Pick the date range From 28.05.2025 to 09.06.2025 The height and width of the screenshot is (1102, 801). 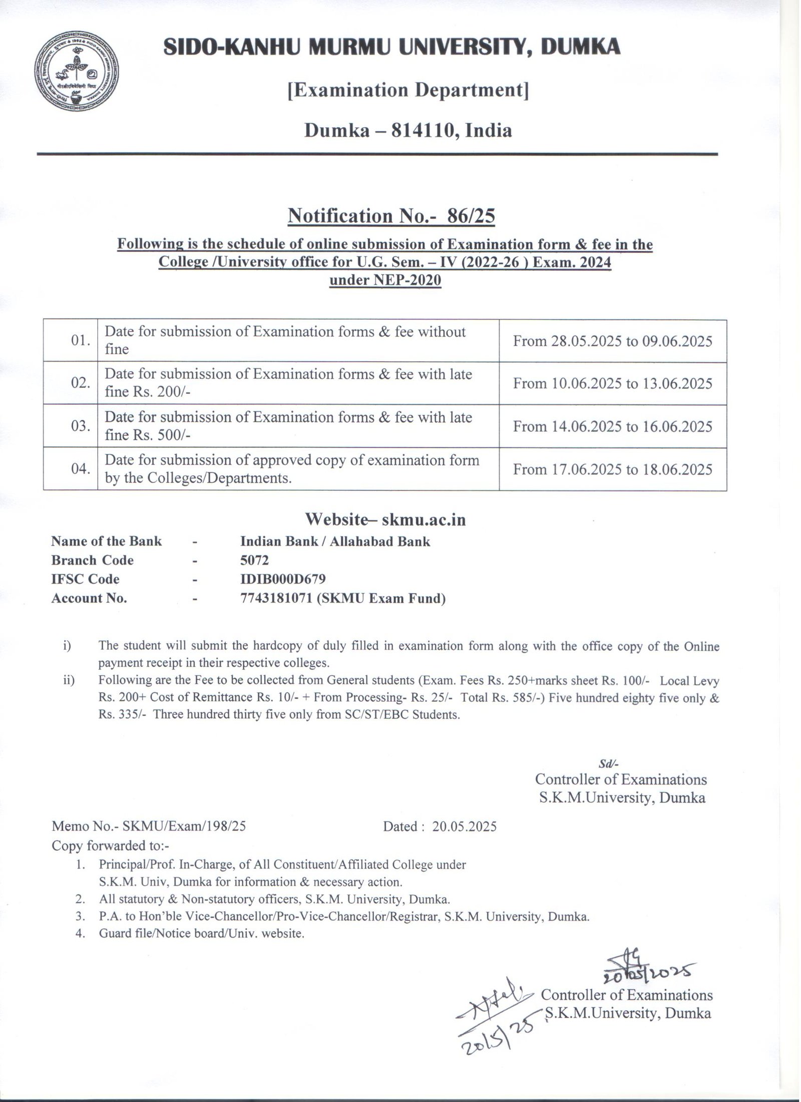(612, 341)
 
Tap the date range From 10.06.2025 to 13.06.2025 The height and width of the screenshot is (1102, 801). (612, 384)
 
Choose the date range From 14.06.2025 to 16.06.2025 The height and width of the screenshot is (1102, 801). (612, 426)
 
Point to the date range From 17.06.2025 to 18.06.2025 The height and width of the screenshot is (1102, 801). (612, 469)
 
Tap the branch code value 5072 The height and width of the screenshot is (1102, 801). (255, 560)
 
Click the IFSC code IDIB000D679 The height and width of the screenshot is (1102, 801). (283, 579)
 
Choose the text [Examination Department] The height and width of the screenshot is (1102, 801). (408, 91)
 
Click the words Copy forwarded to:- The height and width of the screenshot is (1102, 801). (111, 846)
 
